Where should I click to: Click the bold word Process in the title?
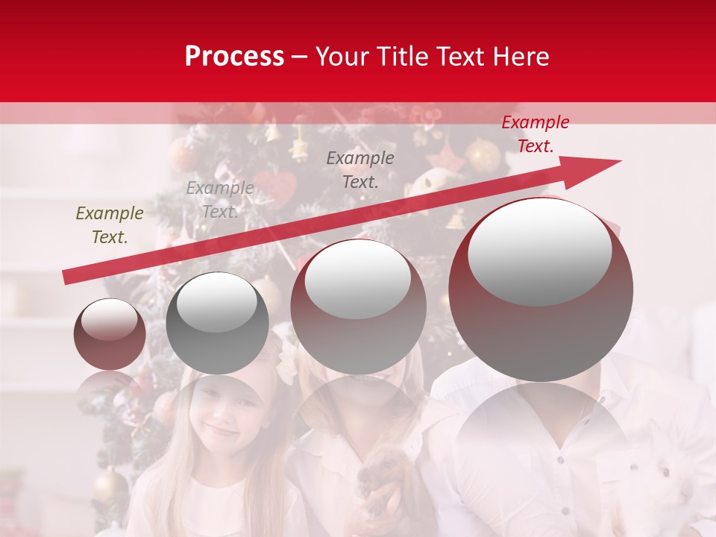click(x=234, y=57)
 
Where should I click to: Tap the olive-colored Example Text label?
click(x=110, y=224)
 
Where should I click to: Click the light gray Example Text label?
click(x=219, y=199)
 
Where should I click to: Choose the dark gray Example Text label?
click(x=360, y=169)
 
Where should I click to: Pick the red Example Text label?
click(x=535, y=134)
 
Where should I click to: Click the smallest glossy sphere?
click(x=110, y=334)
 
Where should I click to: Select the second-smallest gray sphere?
click(x=217, y=323)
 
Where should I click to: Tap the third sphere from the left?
click(x=358, y=306)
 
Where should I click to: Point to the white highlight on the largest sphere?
click(x=539, y=250)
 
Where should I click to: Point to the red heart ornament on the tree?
click(x=277, y=187)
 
